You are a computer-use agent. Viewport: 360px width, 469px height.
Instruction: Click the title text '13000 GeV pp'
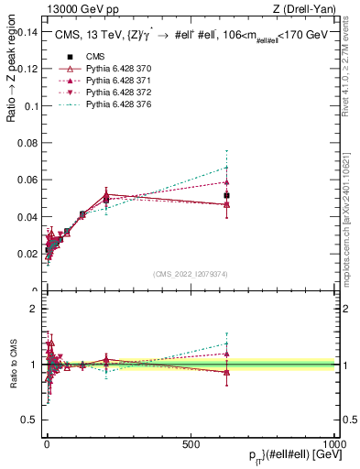pyautogui.click(x=76, y=9)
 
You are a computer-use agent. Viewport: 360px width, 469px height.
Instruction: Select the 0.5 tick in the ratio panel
pyautogui.click(x=29, y=420)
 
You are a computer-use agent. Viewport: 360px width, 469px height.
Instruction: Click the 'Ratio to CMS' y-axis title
pyautogui.click(x=12, y=364)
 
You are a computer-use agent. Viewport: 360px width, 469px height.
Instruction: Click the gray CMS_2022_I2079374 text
pyautogui.click(x=191, y=274)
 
